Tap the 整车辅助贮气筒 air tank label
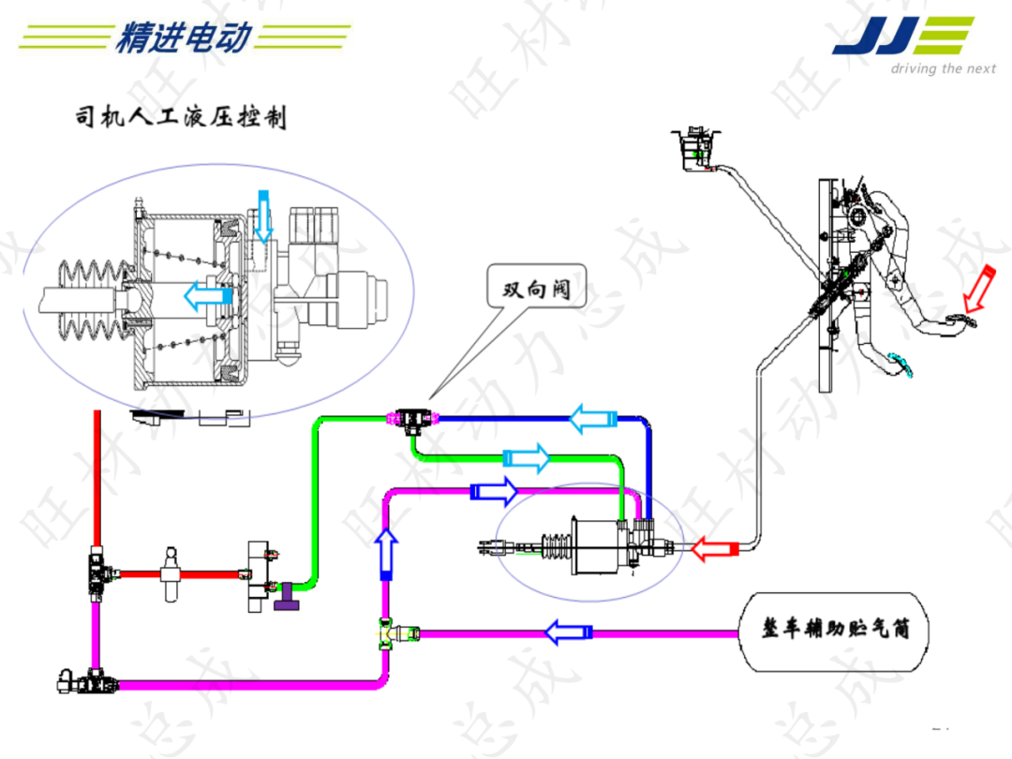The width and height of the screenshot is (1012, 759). tap(836, 630)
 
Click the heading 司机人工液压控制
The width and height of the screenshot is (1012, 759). tap(180, 118)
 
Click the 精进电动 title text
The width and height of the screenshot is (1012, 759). tap(185, 37)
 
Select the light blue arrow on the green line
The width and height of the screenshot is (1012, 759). tap(526, 458)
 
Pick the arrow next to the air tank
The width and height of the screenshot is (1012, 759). tap(569, 632)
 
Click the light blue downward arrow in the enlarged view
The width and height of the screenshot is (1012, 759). tap(264, 215)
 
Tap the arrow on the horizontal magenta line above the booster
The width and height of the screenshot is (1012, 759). tap(493, 490)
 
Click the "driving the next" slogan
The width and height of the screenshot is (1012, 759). tap(942, 68)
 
